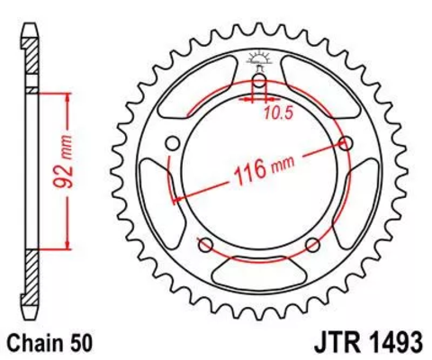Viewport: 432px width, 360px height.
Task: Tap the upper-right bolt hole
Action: [346, 142]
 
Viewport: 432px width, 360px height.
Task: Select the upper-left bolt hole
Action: [172, 142]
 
